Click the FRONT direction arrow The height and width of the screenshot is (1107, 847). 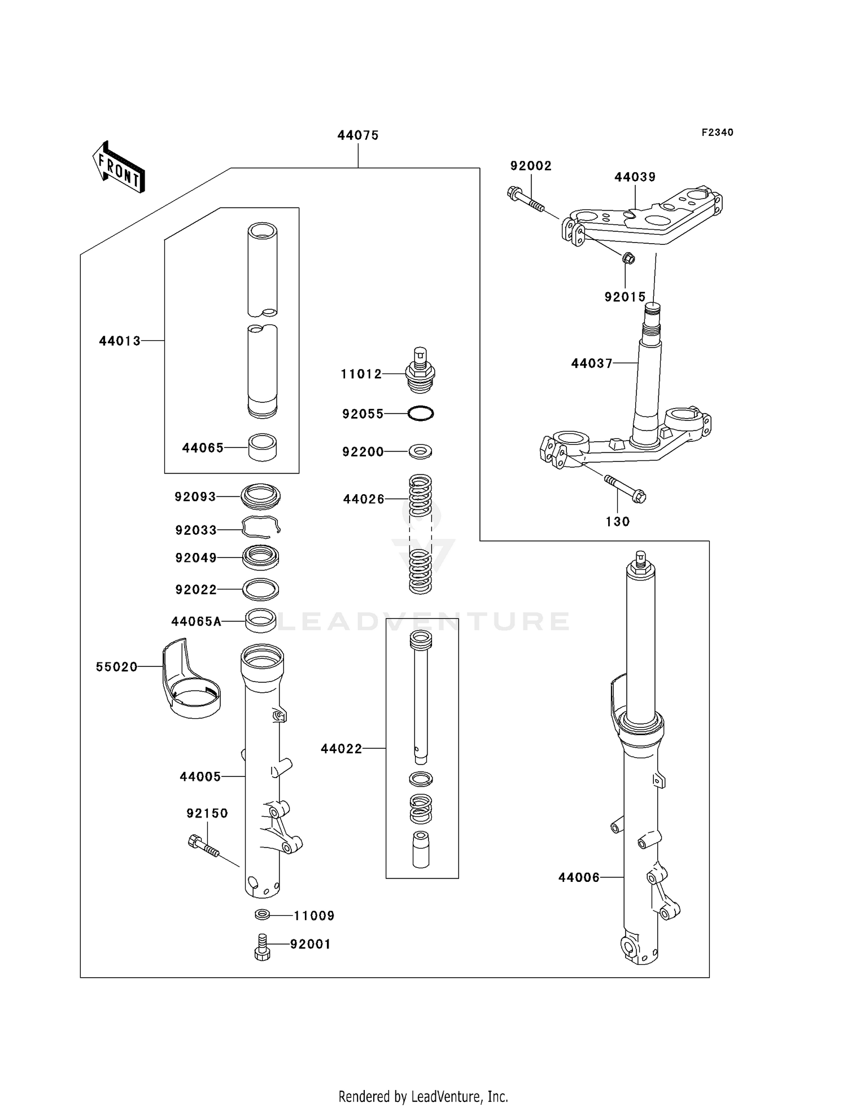[x=119, y=168]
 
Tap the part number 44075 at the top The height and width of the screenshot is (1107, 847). [x=358, y=135]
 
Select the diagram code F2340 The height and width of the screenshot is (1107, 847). [x=717, y=133]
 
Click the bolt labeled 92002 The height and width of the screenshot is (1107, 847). [x=526, y=200]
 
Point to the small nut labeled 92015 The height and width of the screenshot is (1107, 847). [x=628, y=259]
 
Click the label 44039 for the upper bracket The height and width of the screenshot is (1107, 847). [x=635, y=177]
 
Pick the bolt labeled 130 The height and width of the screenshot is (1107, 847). [x=625, y=489]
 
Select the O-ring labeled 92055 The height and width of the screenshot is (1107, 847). [x=421, y=414]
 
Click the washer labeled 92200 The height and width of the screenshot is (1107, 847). [x=421, y=451]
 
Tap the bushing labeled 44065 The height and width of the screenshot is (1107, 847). [x=262, y=447]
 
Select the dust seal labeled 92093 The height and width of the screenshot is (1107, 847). [x=260, y=497]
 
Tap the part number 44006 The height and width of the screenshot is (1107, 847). [x=579, y=877]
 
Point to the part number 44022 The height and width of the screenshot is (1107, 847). [x=341, y=749]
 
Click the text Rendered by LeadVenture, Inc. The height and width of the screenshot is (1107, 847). [x=423, y=1096]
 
